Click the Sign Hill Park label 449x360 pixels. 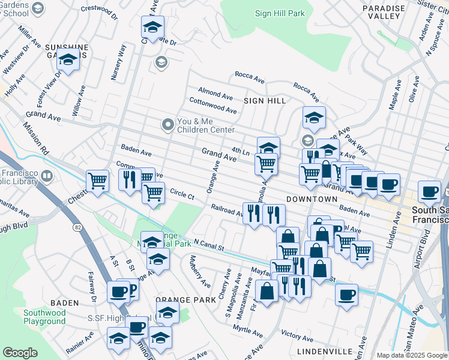point(280,13)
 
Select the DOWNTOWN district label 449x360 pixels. point(312,199)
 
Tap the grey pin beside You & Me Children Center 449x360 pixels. point(167,125)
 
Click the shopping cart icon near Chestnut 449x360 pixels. point(97,179)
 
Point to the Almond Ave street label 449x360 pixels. point(215,95)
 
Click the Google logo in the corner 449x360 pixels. point(20,353)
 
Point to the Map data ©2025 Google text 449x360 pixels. point(412,355)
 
